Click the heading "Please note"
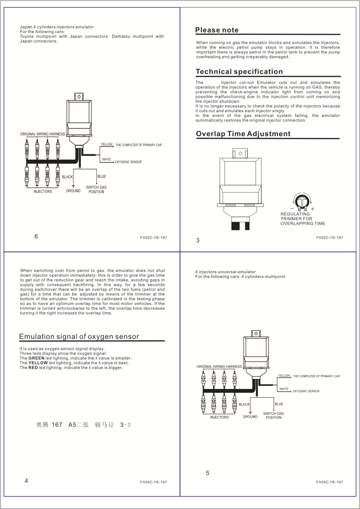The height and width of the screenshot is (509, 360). click(217, 30)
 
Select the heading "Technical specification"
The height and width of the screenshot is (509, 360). click(239, 72)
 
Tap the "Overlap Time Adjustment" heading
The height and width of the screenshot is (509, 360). click(243, 134)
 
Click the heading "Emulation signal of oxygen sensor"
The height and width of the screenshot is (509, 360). click(79, 337)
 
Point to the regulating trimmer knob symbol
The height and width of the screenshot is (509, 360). click(302, 201)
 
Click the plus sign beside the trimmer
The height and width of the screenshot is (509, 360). click(313, 209)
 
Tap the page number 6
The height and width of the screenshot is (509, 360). click(36, 237)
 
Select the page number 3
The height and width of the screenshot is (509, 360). click(198, 240)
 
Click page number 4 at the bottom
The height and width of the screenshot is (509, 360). click(27, 481)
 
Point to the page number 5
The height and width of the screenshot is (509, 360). click(207, 473)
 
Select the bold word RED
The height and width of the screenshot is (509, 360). click(33, 368)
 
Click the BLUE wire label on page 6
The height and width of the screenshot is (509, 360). click(102, 177)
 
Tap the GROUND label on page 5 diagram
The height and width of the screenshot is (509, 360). click(250, 417)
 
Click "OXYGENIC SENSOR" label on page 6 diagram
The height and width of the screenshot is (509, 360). click(128, 162)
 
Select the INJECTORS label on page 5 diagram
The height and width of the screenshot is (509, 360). click(219, 417)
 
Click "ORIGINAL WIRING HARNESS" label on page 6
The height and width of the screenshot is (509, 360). click(42, 134)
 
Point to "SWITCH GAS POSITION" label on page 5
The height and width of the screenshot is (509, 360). click(273, 415)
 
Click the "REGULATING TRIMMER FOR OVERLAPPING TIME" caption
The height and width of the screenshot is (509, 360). click(303, 219)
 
